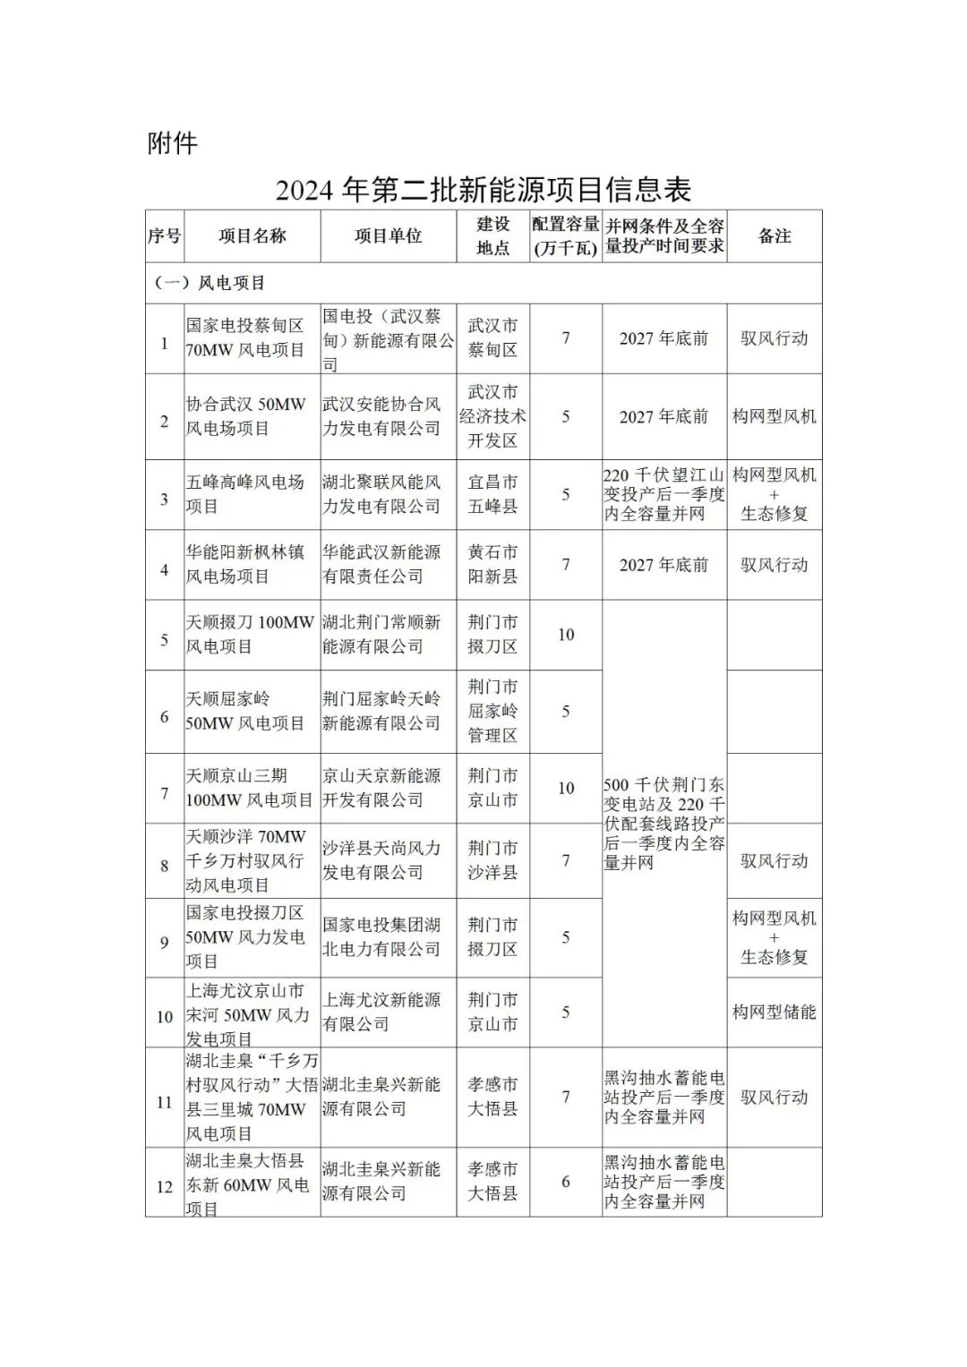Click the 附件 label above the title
[172, 143]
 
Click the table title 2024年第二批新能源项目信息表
[483, 190]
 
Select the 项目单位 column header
[388, 236]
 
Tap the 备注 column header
[774, 236]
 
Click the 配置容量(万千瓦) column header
[565, 236]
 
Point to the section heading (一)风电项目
[210, 283]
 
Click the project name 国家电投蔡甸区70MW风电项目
[245, 338]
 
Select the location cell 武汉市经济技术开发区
[492, 416]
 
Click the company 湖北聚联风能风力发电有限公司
[381, 494]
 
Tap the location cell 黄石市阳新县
[492, 565]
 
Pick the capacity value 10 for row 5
[566, 635]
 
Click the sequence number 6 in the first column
[165, 717]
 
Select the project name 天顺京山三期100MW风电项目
[249, 788]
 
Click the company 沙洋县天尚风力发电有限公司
[381, 860]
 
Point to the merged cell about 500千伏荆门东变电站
[663, 824]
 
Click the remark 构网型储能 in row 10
[774, 1012]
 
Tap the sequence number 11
[165, 1102]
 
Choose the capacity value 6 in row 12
[566, 1182]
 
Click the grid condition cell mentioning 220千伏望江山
[663, 494]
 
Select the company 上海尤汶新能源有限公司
[381, 1012]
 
